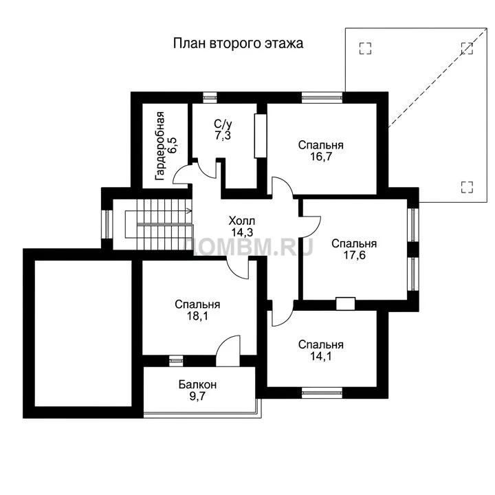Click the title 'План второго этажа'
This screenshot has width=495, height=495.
tap(238, 43)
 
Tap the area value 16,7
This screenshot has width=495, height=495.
tap(321, 157)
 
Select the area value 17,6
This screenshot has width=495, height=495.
tap(354, 255)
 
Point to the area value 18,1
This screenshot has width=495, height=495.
tap(197, 316)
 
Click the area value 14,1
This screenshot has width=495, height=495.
tap(321, 356)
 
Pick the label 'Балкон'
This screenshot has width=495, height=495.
tap(197, 384)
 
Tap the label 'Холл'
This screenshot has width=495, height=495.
tap(242, 221)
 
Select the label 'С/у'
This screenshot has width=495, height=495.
tap(223, 124)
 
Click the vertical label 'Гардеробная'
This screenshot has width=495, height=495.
tap(160, 146)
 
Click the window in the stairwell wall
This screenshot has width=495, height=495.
tap(107, 224)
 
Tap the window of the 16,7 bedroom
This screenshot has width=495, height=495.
tap(322, 98)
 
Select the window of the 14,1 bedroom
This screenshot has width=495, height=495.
tap(322, 393)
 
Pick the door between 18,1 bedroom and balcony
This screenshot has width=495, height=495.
tap(228, 351)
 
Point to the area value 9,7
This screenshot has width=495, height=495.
tap(197, 396)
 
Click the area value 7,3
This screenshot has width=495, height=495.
tap(223, 135)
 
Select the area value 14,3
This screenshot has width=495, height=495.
tap(242, 232)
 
